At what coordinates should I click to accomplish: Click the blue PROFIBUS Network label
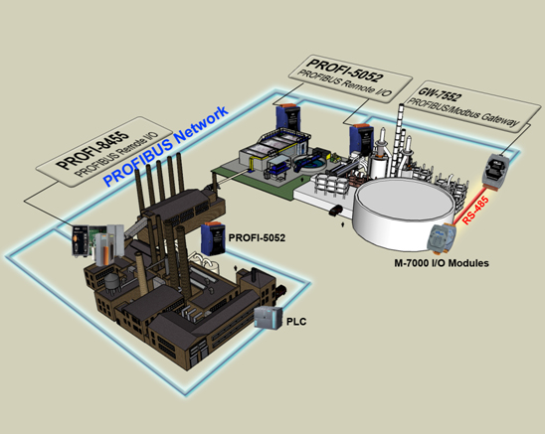point(166,146)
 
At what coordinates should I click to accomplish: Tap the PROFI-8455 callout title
point(92,150)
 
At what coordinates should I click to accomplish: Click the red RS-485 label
point(476,210)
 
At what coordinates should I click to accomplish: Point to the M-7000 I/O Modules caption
point(442,263)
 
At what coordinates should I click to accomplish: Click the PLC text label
point(296,322)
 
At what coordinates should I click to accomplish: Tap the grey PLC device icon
point(268,318)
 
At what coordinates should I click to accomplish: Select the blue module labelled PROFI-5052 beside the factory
point(213,239)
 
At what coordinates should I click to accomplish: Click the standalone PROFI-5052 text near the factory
point(257,237)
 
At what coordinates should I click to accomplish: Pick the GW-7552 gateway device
point(497,171)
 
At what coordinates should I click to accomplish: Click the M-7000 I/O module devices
point(442,236)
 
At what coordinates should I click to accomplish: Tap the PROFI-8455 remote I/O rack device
point(97,244)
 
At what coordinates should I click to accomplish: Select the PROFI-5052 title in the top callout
point(344,70)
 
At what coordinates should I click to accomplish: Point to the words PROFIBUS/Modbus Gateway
point(463,112)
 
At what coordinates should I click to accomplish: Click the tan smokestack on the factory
point(141,274)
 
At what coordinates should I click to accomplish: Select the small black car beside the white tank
point(335,211)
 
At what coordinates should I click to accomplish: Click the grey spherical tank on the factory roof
point(111,281)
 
